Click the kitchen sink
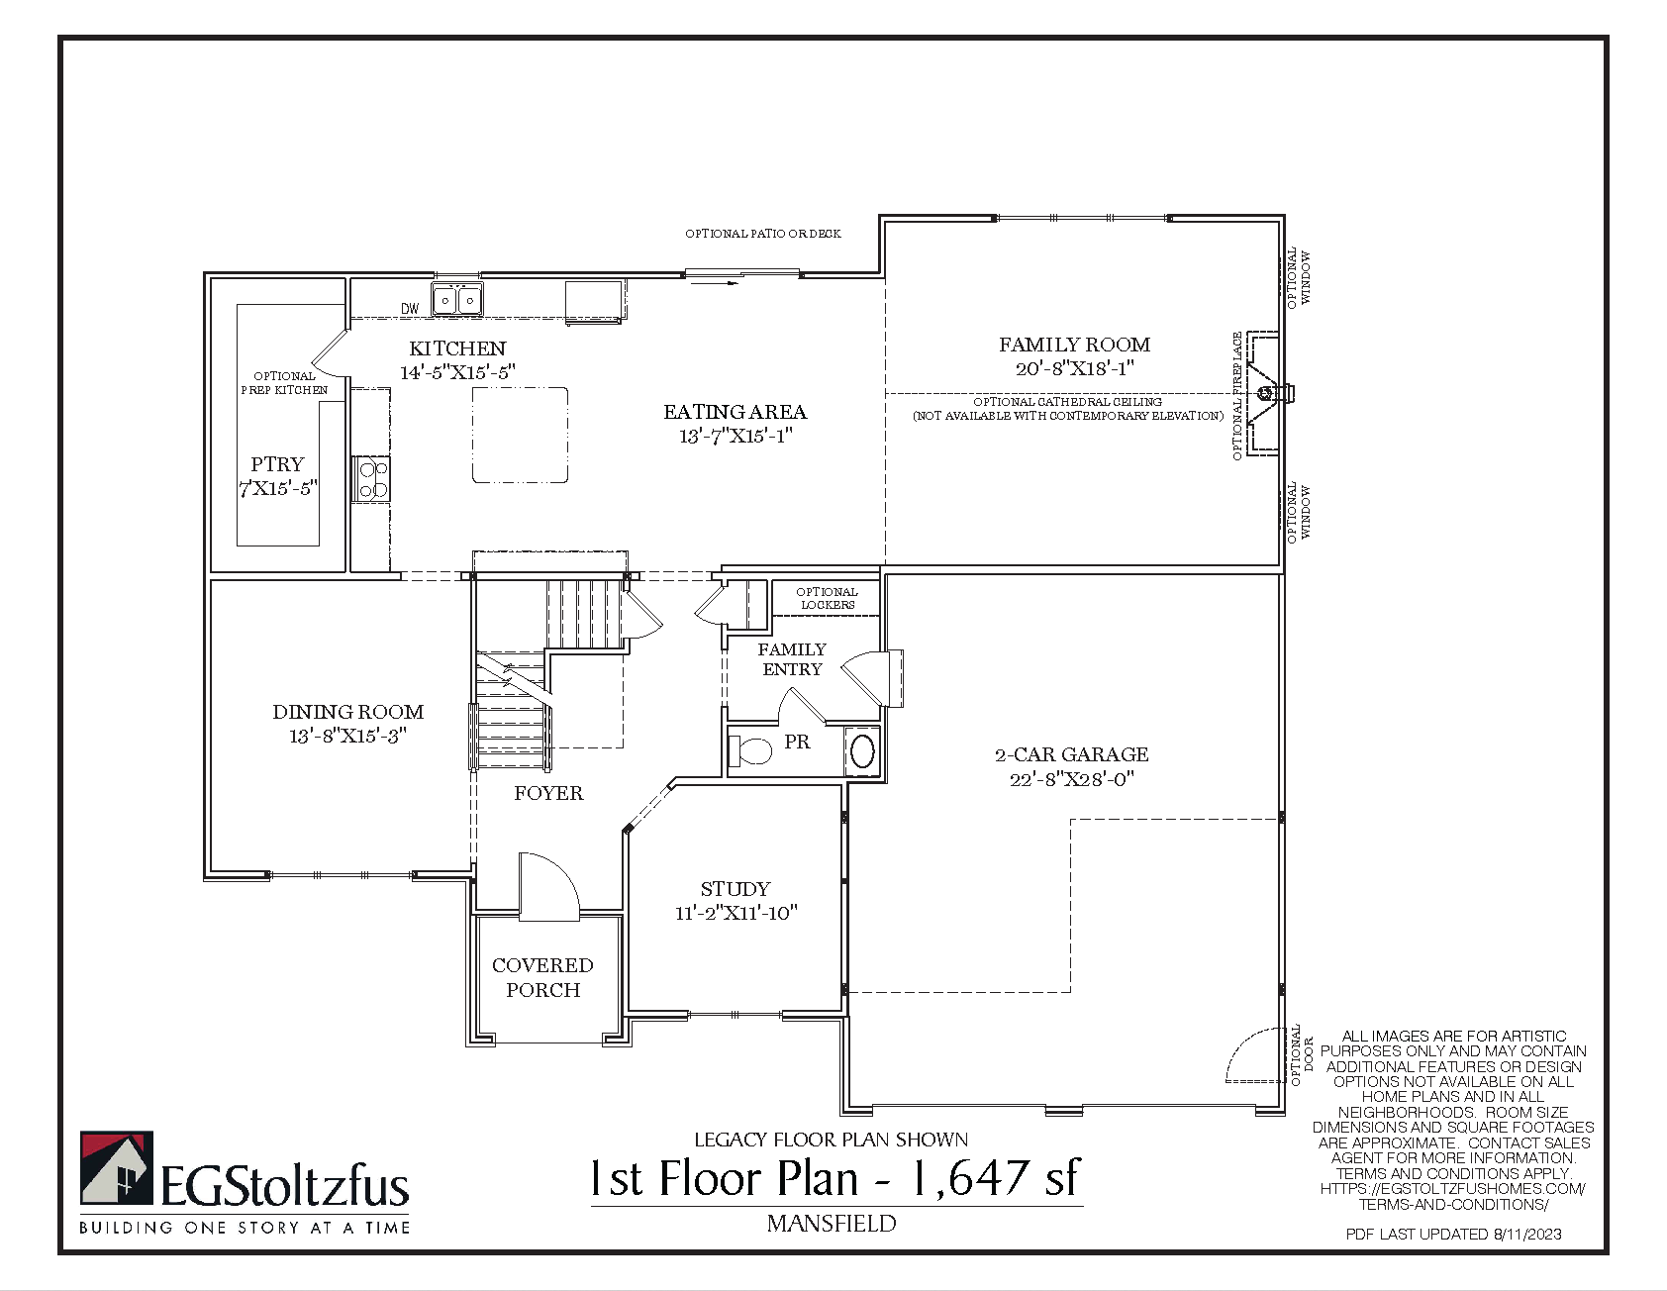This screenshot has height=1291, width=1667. coord(457,298)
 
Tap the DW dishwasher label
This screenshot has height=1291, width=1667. coord(410,309)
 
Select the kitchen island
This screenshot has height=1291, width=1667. coord(520,435)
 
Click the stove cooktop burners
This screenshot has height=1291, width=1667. coord(371,479)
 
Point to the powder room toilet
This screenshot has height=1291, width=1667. coord(749,750)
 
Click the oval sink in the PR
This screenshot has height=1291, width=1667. coord(863,751)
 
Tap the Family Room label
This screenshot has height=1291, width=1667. coord(1074,345)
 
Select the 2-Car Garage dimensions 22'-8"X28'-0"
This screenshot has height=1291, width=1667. coord(1072,779)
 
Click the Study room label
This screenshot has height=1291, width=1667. coord(735,889)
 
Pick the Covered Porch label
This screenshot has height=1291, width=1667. coord(542,977)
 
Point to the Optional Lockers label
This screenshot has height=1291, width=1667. coord(828,598)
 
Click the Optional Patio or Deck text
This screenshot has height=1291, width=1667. coord(763,234)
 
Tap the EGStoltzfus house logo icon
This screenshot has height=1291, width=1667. coord(117,1169)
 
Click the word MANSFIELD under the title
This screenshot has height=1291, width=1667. coord(832,1224)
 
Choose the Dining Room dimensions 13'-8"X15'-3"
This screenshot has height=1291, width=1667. coord(347,736)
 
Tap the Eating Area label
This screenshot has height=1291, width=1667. coord(735,412)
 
